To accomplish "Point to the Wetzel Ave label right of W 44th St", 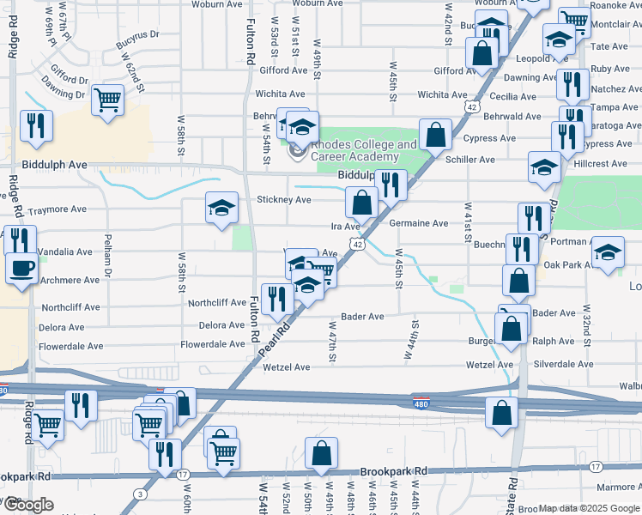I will tap(489, 365).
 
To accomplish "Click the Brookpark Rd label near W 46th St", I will tap(394, 472).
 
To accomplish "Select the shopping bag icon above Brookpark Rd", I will tap(321, 452).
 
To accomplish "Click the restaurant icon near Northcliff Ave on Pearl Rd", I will tap(276, 299).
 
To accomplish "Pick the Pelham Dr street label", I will tap(108, 254).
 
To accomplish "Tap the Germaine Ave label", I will tap(418, 223).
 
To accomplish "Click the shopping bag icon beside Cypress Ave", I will tap(436, 134).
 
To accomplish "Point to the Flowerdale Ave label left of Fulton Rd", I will tap(212, 344).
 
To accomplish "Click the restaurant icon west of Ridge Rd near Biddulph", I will tap(36, 125).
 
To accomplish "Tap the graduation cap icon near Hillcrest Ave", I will tap(544, 167).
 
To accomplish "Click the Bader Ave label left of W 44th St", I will tap(362, 317).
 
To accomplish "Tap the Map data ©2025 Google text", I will tap(589, 508).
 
